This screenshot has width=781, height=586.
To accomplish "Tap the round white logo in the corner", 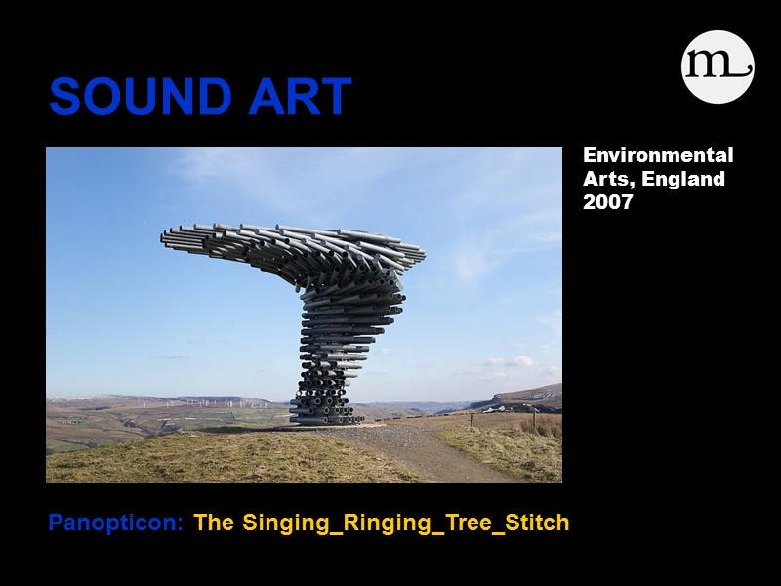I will pos(718,66).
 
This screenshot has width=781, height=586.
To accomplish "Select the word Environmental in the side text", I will pos(658,155).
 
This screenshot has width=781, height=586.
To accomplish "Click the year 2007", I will pos(608,202).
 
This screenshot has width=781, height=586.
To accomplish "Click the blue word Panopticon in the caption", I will pos(115,523).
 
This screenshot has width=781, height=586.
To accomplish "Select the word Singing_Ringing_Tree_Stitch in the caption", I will pos(405,523).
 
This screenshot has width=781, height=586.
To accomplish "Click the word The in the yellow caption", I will pos(214,523).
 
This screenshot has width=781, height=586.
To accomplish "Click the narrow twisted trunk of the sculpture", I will pos(337,342).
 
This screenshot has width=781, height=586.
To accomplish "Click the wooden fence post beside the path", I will pos(471,420).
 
